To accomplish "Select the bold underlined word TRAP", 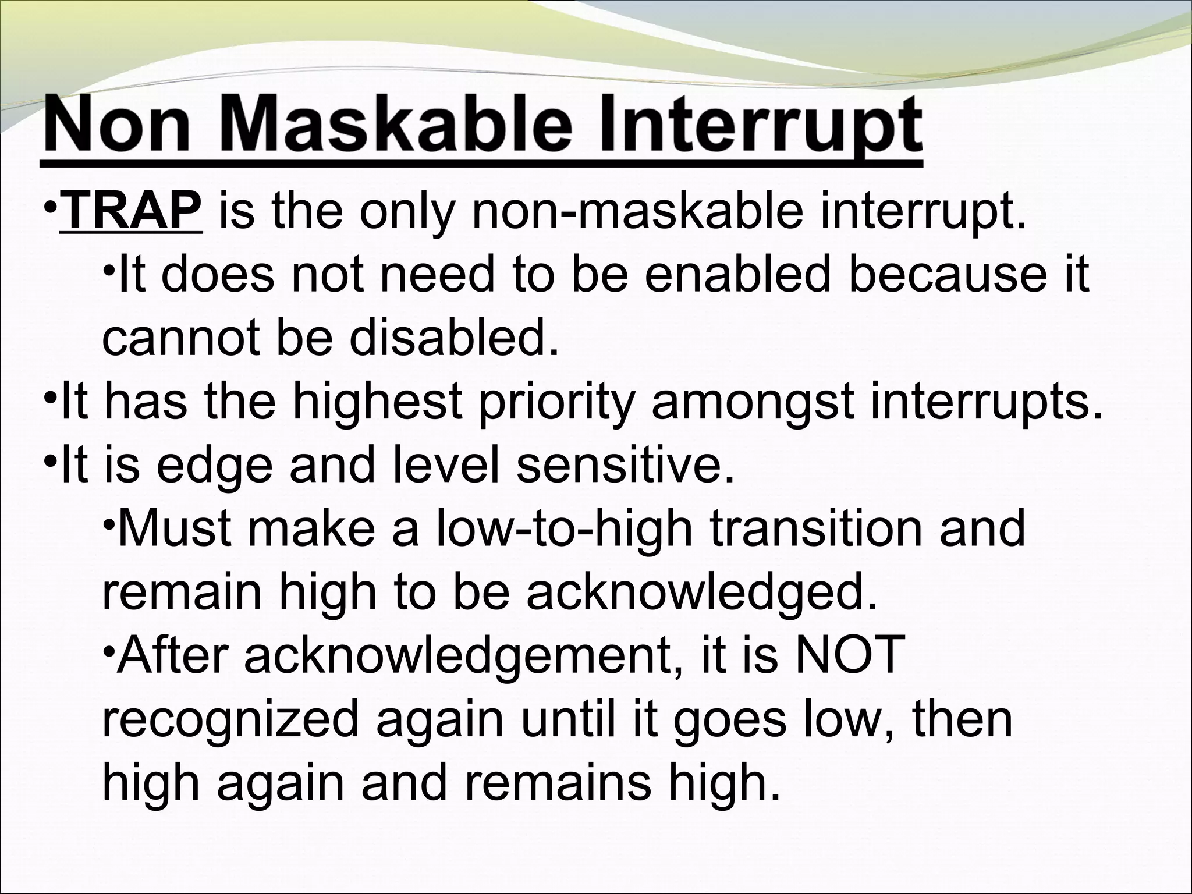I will [x=132, y=212].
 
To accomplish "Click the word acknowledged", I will [x=701, y=593].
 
